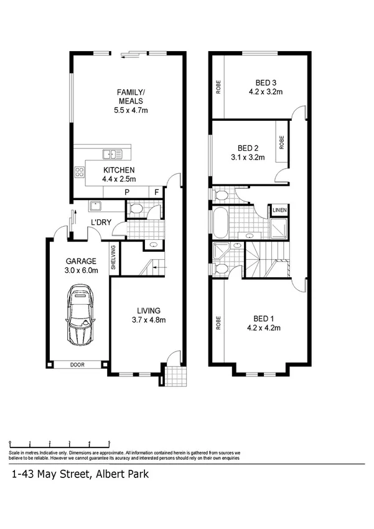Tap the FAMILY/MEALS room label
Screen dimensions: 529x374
[x=131, y=97]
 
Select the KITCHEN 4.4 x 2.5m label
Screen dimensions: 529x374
[x=119, y=174]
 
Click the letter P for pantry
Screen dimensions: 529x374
[x=127, y=193]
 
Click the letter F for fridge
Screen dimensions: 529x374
[x=156, y=193]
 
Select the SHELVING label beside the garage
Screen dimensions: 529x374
[x=113, y=257]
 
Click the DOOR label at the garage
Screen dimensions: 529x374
[x=77, y=365]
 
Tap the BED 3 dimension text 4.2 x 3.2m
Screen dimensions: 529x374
[x=265, y=92]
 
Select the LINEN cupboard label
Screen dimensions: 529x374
[x=279, y=211]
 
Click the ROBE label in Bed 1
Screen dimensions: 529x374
[x=218, y=323]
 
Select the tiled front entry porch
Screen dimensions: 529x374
[x=174, y=376]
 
